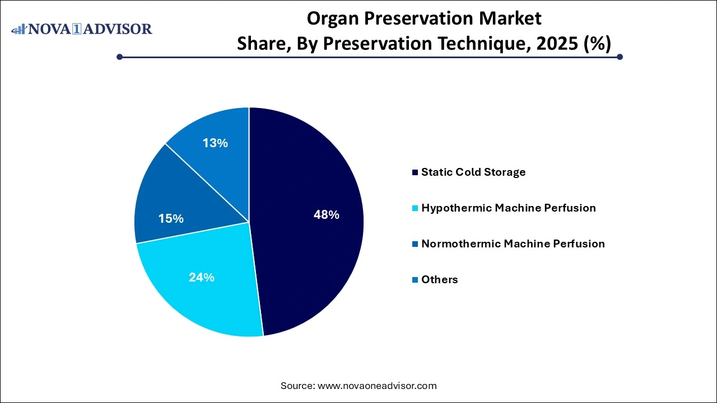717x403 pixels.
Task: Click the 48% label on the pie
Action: pos(326,214)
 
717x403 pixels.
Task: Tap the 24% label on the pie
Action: pos(202,277)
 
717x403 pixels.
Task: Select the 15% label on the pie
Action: pos(171,218)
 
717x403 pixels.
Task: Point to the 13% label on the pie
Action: pos(215,143)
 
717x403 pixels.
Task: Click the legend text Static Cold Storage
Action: pos(473,172)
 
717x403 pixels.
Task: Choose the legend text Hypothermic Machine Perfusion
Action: pos(508,208)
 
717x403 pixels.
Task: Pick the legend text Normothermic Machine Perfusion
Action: pos(513,243)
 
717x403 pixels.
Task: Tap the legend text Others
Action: pos(439,279)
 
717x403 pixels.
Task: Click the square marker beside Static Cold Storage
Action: pos(415,172)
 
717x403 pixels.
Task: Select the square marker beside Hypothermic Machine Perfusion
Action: pos(415,208)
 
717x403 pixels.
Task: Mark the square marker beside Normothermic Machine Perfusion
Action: pos(415,244)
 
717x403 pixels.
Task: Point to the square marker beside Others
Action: pos(415,280)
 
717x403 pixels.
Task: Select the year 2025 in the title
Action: pos(551,43)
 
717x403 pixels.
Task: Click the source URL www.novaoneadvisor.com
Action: pos(377,386)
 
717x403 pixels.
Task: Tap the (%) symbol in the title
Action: pos(597,43)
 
